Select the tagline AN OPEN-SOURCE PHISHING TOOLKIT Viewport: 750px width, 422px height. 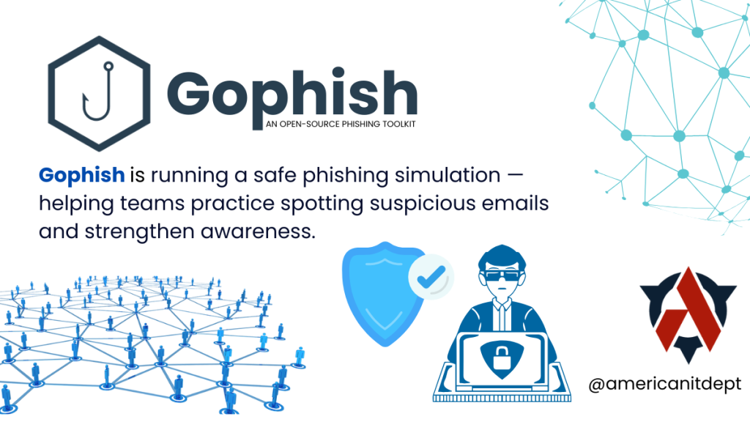point(341,124)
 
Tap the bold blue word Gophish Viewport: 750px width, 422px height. point(82,176)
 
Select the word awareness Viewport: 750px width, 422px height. point(259,232)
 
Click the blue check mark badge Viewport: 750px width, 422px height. point(431,276)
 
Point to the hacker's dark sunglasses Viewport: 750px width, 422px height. point(502,276)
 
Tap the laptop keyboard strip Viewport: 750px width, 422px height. point(502,398)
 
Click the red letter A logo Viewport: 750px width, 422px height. point(687,310)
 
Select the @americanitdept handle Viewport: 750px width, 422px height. point(665,384)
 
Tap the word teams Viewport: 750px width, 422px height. point(152,204)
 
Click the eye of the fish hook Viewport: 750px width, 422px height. point(108,66)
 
